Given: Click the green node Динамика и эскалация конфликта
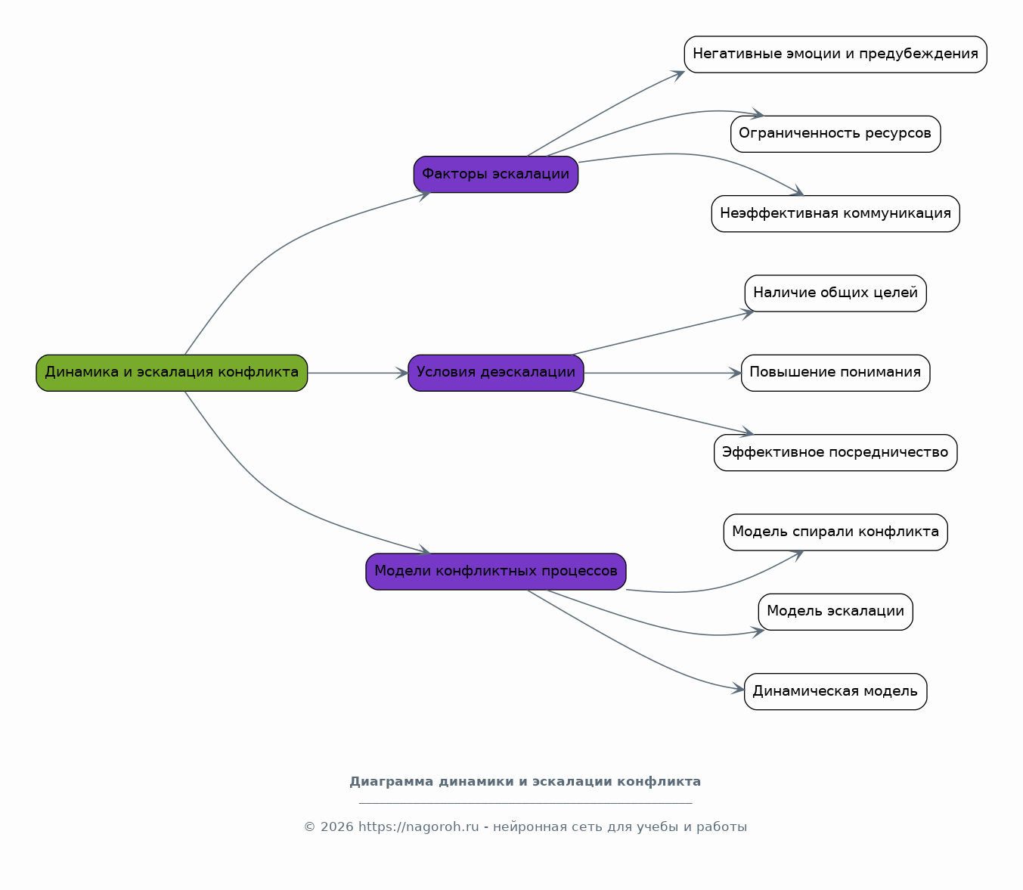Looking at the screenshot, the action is pyautogui.click(x=172, y=373).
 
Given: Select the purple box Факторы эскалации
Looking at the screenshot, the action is pyautogui.click(x=495, y=175).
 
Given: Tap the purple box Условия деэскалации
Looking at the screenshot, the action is pyautogui.click(x=495, y=373).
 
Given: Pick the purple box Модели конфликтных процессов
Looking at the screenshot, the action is pyautogui.click(x=495, y=572).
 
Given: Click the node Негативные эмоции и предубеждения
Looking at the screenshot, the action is pyautogui.click(x=835, y=54).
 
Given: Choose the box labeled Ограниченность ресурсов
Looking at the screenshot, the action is pyautogui.click(x=835, y=134).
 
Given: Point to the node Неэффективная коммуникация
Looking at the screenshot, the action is pyautogui.click(x=835, y=213).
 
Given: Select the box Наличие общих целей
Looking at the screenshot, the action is pyautogui.click(x=835, y=293).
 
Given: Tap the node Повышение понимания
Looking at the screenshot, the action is pyautogui.click(x=835, y=373).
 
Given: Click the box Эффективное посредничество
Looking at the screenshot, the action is pyautogui.click(x=835, y=452).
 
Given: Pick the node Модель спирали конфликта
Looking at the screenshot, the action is pyautogui.click(x=835, y=532).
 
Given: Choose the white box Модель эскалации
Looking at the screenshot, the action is pyautogui.click(x=835, y=612).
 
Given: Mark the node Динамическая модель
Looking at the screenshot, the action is pyautogui.click(x=835, y=691).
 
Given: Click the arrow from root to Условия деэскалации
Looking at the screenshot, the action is pyautogui.click(x=358, y=373).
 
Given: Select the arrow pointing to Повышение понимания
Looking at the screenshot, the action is pyautogui.click(x=662, y=373).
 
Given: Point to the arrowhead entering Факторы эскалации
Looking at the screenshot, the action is pyautogui.click(x=424, y=195).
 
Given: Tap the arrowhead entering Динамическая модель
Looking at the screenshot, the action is pyautogui.click(x=738, y=689).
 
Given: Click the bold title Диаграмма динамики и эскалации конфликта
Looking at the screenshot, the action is pyautogui.click(x=525, y=782).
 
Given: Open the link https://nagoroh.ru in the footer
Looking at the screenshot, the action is pyautogui.click(x=419, y=827).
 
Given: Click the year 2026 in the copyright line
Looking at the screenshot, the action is pyautogui.click(x=337, y=827).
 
